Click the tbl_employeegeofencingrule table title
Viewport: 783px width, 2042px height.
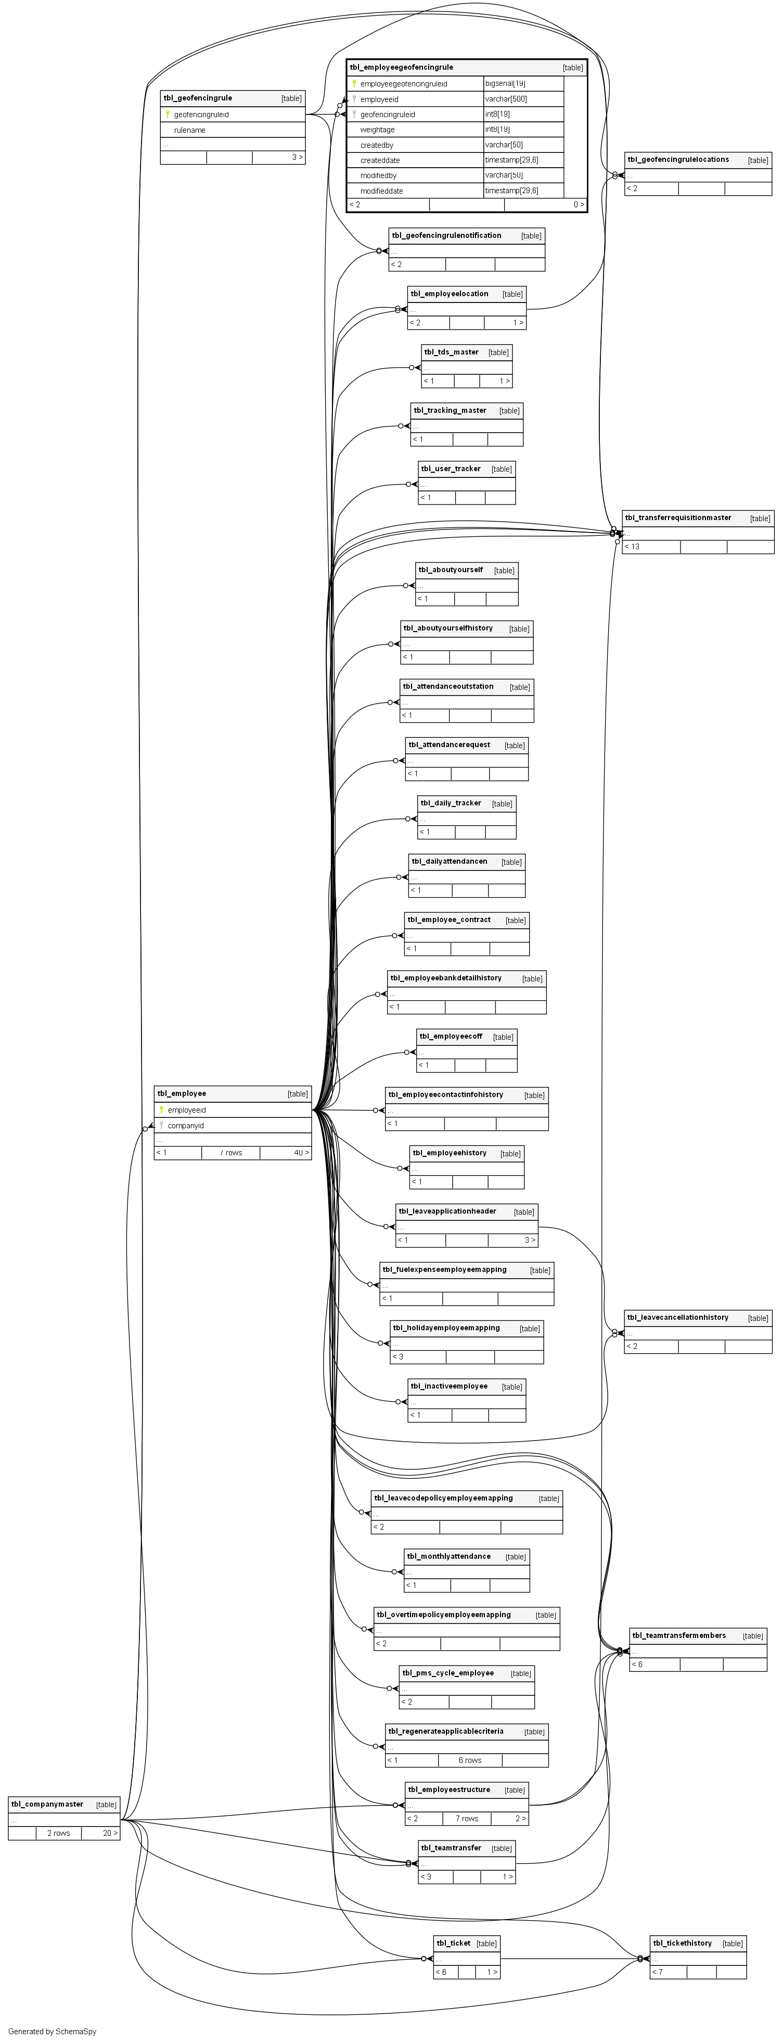(402, 67)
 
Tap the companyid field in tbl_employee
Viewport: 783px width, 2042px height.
(185, 1126)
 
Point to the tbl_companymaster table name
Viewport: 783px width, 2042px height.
(47, 1804)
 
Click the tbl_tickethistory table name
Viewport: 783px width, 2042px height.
(683, 1943)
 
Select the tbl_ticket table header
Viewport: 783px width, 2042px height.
(453, 1943)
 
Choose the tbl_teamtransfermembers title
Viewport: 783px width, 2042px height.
(678, 1635)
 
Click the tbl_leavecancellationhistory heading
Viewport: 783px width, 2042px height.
(677, 1317)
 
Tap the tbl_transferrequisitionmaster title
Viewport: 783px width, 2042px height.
(678, 518)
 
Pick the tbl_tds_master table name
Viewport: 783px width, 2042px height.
(451, 352)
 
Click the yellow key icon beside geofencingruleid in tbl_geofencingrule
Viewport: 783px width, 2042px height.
(167, 114)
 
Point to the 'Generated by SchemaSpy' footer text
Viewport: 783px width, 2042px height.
(53, 2032)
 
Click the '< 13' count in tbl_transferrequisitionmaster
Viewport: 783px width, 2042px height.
(633, 547)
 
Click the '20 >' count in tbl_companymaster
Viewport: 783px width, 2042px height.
(109, 1834)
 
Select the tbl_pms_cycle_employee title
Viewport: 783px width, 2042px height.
(448, 1673)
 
